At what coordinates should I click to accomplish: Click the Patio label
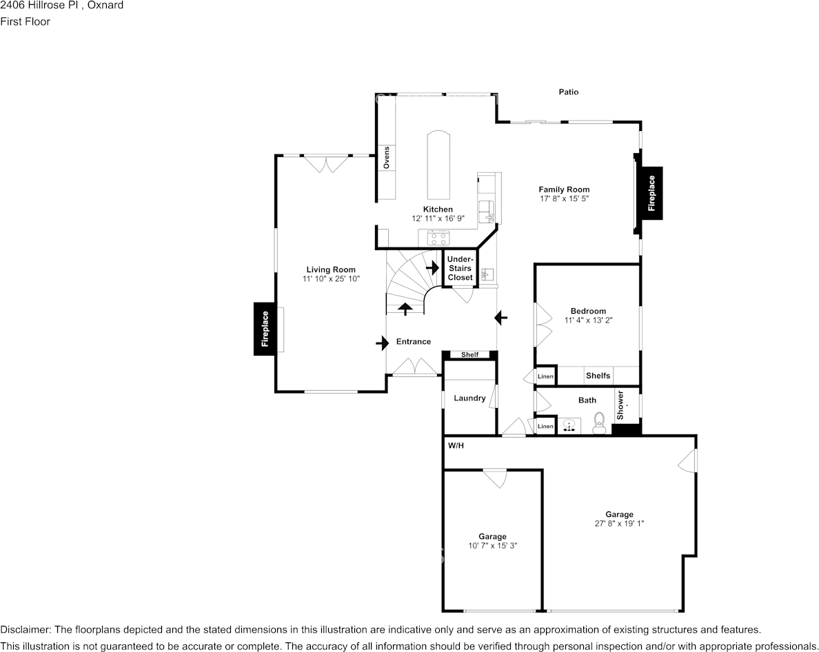(x=568, y=92)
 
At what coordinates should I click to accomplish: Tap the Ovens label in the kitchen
(x=387, y=158)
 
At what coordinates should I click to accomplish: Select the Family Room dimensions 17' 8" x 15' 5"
(x=564, y=198)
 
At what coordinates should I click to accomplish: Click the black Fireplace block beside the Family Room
(x=651, y=193)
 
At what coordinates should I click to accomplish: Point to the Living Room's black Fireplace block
(x=265, y=329)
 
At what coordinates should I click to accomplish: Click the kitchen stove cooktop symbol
(x=438, y=238)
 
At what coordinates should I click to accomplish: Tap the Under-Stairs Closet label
(x=460, y=268)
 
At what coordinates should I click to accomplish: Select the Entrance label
(x=414, y=341)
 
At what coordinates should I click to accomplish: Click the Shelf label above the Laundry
(x=469, y=355)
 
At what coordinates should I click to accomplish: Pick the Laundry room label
(x=469, y=398)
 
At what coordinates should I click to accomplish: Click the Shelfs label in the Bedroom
(x=598, y=376)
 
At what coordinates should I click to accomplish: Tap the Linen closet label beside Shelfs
(x=545, y=376)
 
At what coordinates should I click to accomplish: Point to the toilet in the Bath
(x=599, y=423)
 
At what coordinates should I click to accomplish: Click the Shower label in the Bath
(x=620, y=405)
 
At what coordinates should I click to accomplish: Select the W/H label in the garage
(x=456, y=446)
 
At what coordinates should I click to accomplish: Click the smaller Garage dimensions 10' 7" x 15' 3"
(x=492, y=546)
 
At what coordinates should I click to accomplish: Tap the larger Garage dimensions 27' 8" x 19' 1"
(x=620, y=524)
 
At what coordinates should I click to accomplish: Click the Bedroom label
(x=588, y=311)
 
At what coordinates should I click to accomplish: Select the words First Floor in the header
(x=25, y=21)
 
